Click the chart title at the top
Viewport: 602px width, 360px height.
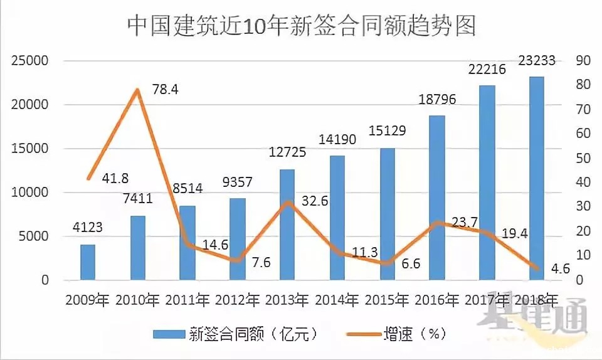301,26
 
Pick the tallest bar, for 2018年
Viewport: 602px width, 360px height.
536,179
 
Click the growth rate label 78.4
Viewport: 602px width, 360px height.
165,90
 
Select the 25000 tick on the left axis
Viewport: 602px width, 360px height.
30,61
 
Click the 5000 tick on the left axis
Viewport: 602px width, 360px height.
34,236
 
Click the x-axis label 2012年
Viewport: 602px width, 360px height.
237,300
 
